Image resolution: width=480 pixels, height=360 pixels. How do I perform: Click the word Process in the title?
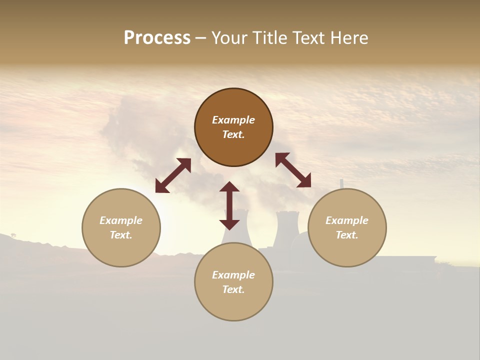[157, 38]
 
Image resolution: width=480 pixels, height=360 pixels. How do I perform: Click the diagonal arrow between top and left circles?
[173, 175]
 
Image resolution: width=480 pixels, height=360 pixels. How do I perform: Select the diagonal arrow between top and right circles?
[293, 170]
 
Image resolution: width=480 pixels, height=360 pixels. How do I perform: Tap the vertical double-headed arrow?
[229, 205]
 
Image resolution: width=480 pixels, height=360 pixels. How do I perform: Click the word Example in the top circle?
[233, 120]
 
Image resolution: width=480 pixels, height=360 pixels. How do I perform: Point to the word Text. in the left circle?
[121, 235]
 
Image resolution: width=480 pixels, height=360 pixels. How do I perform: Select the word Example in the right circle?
[347, 220]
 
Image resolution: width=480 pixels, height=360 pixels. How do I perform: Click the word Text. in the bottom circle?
[233, 289]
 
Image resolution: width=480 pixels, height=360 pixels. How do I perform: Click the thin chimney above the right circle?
[342, 184]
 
